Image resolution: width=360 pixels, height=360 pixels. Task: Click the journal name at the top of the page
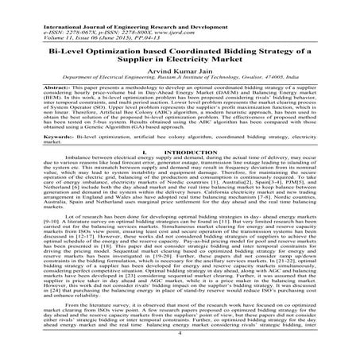pos(111,6)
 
